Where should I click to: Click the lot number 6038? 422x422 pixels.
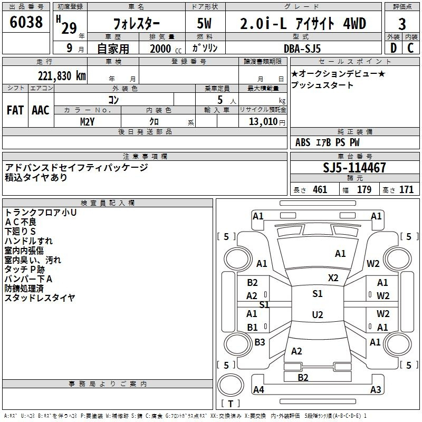(26, 22)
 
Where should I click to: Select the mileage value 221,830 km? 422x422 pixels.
(62, 76)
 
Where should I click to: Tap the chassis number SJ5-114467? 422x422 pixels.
(354, 168)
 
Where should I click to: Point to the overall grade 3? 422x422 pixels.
(402, 24)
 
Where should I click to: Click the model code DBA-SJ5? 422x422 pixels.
(302, 49)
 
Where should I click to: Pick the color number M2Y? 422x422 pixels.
(87, 122)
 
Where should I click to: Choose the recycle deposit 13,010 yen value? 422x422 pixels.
(267, 122)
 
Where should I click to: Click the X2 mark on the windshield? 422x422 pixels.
(333, 278)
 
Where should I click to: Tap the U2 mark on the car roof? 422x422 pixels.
(318, 314)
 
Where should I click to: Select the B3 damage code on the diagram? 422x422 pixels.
(260, 342)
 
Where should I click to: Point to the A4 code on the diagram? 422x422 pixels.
(258, 389)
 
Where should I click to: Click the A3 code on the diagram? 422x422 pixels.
(376, 389)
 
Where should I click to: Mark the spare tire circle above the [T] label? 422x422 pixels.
(231, 385)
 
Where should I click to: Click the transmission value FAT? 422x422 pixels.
(15, 110)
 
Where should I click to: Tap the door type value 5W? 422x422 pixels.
(204, 23)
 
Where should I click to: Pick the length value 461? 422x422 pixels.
(320, 189)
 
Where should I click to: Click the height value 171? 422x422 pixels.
(406, 189)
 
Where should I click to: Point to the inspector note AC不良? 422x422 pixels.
(21, 222)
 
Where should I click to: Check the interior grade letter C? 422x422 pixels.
(410, 48)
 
